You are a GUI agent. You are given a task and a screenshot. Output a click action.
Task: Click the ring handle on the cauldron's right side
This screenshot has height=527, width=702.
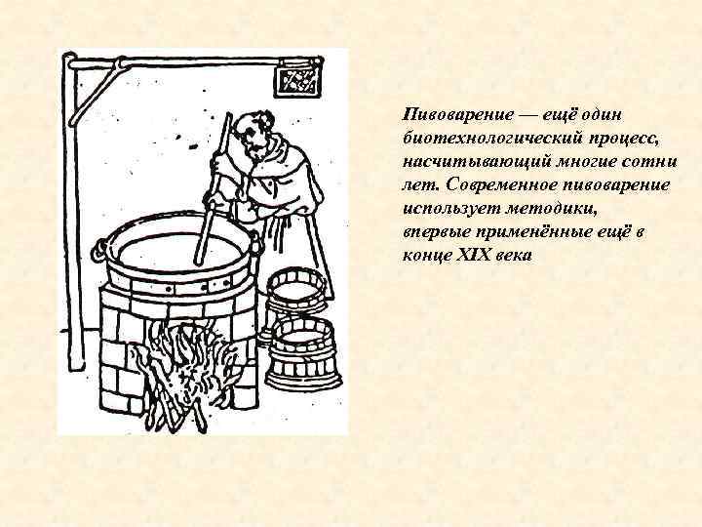255,244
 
